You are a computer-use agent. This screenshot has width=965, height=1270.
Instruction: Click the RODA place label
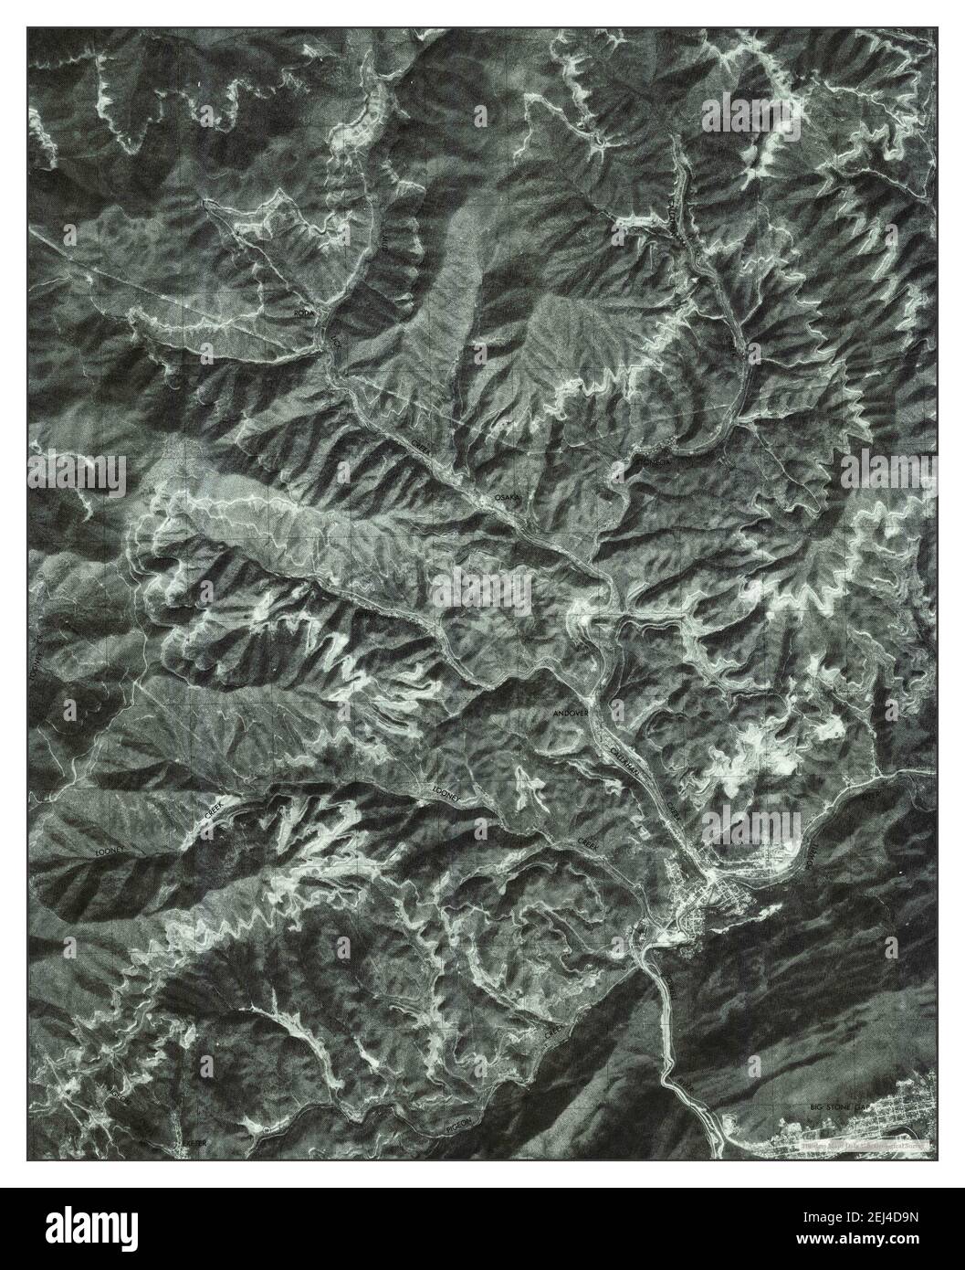303,313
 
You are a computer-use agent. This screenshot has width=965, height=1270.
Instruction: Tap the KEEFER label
194,1143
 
